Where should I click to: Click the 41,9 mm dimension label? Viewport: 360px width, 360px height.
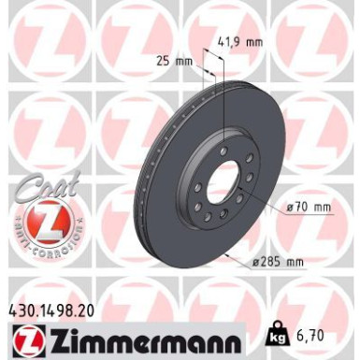tap(239, 41)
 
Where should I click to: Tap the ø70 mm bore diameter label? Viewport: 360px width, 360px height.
tap(309, 207)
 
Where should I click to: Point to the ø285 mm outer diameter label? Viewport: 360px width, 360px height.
tap(278, 262)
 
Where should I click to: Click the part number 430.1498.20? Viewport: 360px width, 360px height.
tap(50, 310)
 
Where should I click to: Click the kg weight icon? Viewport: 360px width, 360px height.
tap(277, 334)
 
